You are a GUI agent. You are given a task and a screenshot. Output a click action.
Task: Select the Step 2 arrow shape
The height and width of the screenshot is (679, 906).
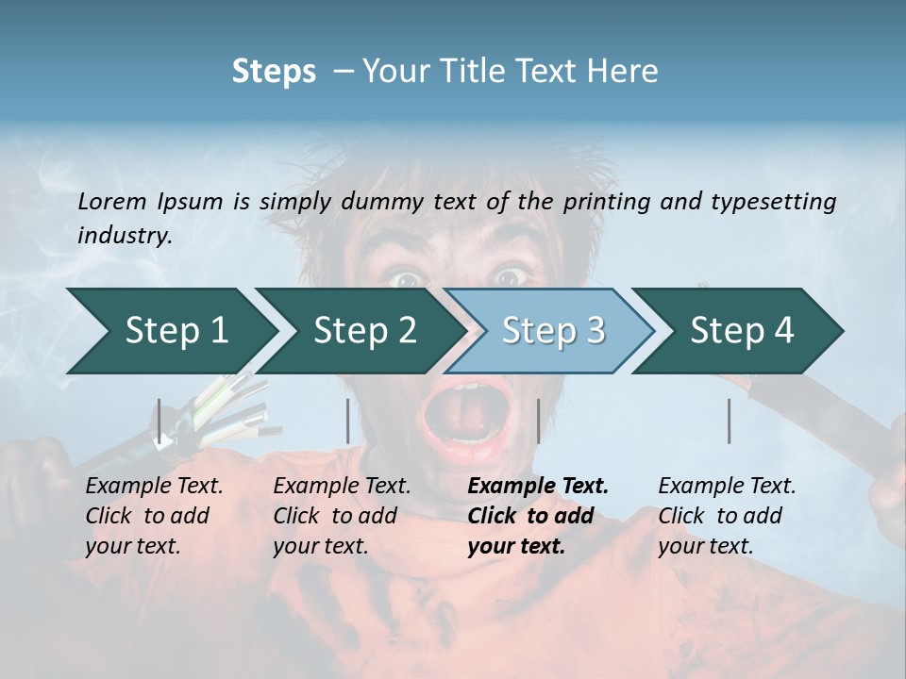[363, 331]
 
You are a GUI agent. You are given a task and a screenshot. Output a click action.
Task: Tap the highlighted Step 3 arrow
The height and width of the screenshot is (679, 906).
[552, 331]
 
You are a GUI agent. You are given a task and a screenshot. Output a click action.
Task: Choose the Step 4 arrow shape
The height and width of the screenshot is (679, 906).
[741, 331]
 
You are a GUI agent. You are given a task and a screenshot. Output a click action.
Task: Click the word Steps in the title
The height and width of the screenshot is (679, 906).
[274, 71]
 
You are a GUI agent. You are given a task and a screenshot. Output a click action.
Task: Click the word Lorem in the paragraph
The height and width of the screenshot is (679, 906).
[112, 201]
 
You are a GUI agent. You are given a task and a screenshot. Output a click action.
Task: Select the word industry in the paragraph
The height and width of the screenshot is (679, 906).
[124, 236]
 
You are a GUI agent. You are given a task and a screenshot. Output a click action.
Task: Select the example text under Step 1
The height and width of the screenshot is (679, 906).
[154, 516]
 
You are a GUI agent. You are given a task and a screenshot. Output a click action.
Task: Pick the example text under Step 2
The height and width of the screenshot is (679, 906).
[342, 516]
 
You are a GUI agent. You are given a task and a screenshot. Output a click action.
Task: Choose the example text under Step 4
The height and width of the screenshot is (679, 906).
[727, 516]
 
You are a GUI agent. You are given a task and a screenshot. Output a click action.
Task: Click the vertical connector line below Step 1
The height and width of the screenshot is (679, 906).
[159, 421]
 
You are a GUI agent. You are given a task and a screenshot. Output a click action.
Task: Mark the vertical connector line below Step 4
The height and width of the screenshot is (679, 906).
[729, 421]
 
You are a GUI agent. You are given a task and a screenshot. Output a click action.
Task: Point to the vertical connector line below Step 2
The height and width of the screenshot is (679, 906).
[348, 421]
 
